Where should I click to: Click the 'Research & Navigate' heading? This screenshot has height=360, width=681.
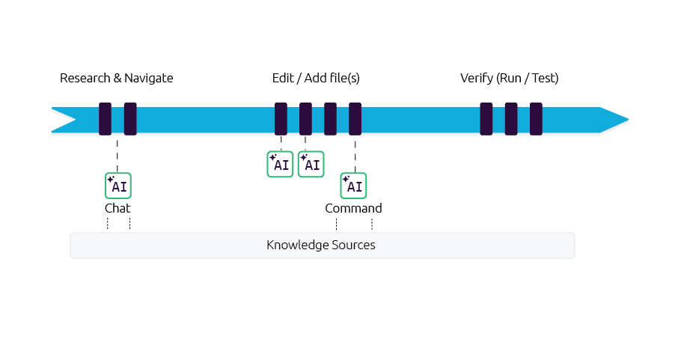coord(117,78)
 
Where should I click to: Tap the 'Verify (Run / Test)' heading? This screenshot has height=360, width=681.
coord(509,78)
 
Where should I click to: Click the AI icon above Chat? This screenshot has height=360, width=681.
coord(118,186)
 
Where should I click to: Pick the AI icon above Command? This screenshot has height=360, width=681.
coord(354,186)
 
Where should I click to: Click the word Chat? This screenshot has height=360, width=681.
coord(118,208)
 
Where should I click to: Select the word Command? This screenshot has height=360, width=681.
coord(353,208)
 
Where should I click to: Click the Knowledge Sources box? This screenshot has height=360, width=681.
coord(322,245)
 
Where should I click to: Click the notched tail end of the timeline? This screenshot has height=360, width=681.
coord(64,119)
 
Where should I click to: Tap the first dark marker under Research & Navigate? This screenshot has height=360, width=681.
coord(105,119)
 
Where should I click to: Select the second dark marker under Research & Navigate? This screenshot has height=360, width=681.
coord(130,119)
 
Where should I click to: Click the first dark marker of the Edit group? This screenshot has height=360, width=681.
coord(281,119)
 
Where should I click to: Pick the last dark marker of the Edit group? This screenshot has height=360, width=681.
coord(355,119)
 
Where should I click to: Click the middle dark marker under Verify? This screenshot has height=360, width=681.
coord(511,119)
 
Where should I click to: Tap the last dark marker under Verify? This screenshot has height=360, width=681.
coord(536,119)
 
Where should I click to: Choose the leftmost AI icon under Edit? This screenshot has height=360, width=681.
coord(281,165)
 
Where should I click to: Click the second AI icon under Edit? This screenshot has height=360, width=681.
coord(311,165)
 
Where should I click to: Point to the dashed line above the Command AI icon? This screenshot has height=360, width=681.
coord(355,153)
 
